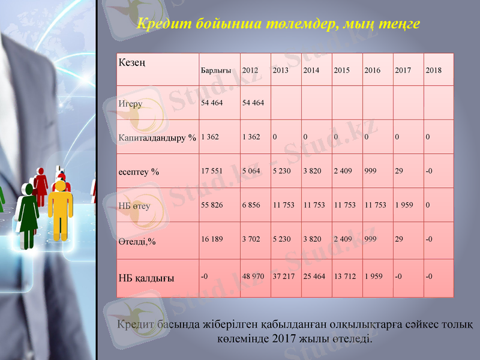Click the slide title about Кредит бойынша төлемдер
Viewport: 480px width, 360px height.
pos(278,25)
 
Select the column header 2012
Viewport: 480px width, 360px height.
pos(250,70)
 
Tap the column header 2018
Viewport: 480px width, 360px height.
pos(433,70)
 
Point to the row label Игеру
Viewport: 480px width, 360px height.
pos(130,104)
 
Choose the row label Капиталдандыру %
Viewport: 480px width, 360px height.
pos(157,137)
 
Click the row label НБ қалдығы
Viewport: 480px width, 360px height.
pos(146,278)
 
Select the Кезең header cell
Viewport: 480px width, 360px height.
pos(131,62)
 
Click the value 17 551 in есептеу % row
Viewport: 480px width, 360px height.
pos(212,171)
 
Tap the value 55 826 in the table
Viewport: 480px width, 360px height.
pos(212,205)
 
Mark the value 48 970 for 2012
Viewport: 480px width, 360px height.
pos(253,277)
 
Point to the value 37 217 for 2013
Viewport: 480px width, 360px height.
pos(283,277)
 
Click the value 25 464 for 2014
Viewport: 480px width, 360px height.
pos(314,277)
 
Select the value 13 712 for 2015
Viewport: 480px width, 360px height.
pos(344,277)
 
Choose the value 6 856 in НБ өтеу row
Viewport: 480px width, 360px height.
pos(251,205)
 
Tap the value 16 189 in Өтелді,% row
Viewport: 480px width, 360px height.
pos(212,239)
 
